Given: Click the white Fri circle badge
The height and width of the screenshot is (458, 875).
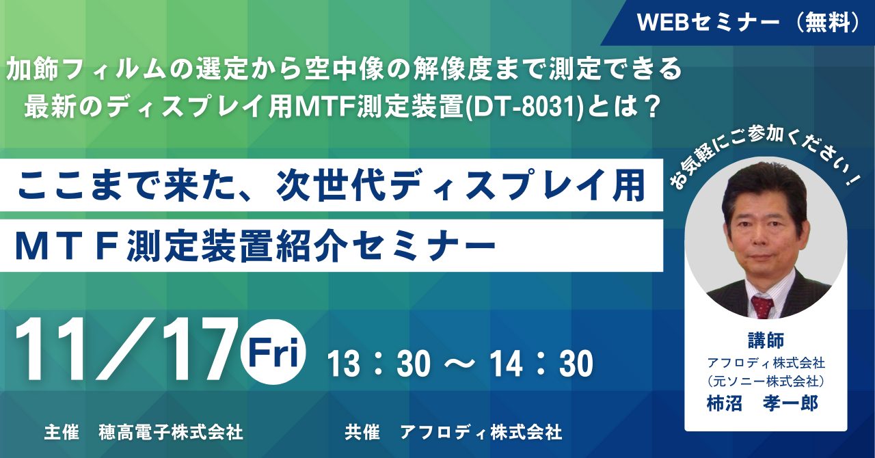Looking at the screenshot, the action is coord(274,352).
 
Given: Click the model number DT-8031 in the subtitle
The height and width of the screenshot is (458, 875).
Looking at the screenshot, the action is coord(523,106).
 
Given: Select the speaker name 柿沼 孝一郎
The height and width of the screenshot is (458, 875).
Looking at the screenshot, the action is coord(762,403).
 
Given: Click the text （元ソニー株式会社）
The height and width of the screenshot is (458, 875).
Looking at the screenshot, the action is coord(766,381).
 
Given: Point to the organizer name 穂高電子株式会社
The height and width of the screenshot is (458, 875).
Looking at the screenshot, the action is coord(171,432).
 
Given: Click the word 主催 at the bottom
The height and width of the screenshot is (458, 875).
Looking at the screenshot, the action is coord(62,432).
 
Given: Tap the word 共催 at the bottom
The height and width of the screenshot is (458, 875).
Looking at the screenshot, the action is coord(362,432).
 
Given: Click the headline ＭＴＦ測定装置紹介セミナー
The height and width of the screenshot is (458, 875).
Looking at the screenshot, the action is coord(255,246).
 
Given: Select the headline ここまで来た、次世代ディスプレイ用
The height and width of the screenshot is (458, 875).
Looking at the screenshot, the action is coord(331,186).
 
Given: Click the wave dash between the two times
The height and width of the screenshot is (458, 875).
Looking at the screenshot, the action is coord(460,363).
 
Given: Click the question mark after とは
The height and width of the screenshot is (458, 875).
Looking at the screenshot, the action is coord(649,106).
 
